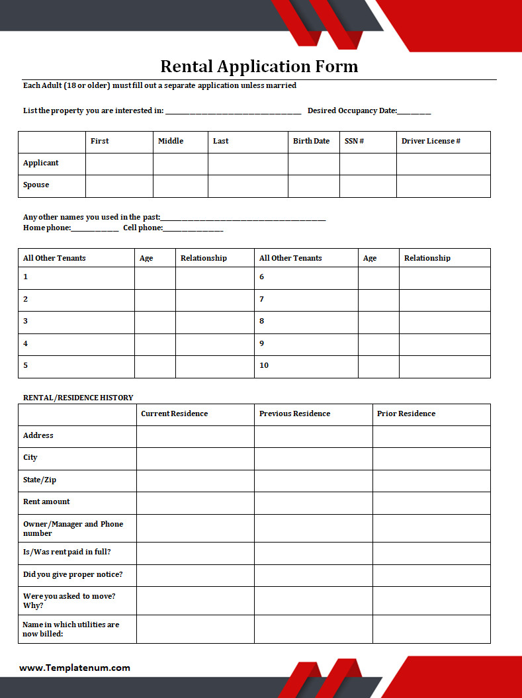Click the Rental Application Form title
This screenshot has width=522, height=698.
coord(259,67)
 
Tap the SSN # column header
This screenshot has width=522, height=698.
coord(354,141)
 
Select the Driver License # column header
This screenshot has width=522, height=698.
coord(431,141)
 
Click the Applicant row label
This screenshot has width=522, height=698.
coord(41,163)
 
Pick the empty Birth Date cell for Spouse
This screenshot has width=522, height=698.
coord(314,186)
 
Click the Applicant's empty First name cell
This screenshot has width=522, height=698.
coord(119,164)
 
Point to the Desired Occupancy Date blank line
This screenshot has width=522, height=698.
coord(414,112)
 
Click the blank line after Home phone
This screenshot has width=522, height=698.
coord(95,229)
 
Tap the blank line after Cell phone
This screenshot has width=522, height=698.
coord(193,229)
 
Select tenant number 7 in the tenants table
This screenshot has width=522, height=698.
coord(262,299)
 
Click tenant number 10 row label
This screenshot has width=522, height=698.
coord(264,365)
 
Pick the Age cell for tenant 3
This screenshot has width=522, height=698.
coord(155,322)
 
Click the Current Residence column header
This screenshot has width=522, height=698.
coord(174,414)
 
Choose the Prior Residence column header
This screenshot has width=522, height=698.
coord(406,414)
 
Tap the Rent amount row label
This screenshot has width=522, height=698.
coord(46,502)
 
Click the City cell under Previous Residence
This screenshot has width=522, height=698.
coord(313,458)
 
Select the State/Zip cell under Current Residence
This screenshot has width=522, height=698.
coord(195,480)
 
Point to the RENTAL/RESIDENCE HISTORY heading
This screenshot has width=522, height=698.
coord(78,398)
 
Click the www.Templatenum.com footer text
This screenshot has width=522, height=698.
coord(75,668)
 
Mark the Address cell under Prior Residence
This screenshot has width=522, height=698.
coord(431,436)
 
